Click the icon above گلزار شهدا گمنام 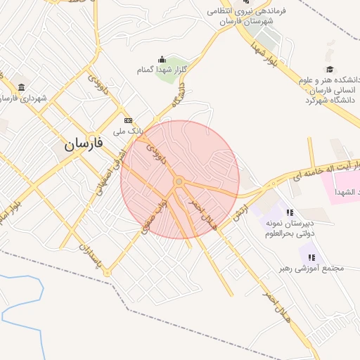pos(162,59)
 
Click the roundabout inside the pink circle pos(179,182)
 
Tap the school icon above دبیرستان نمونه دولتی pos(288,212)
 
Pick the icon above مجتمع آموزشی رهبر pos(311,257)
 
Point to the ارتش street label pos(240,210)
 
